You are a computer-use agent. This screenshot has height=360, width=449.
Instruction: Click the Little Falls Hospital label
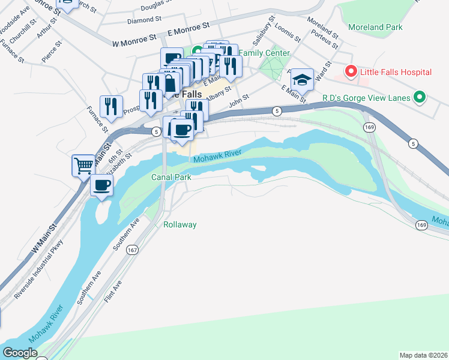396,73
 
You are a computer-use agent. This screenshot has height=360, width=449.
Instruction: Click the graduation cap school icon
303,79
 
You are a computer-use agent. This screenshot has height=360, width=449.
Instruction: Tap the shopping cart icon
83,164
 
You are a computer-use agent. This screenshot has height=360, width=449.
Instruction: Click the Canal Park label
170,177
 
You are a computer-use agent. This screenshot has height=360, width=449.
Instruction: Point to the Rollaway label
180,224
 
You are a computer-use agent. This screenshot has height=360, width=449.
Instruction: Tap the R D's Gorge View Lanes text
366,97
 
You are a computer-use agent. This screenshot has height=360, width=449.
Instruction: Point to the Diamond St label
142,20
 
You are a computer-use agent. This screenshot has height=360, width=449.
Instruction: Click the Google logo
20,353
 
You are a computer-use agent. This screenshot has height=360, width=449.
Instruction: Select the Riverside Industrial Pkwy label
41,269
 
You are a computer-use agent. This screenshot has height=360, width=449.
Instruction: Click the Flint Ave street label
113,292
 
